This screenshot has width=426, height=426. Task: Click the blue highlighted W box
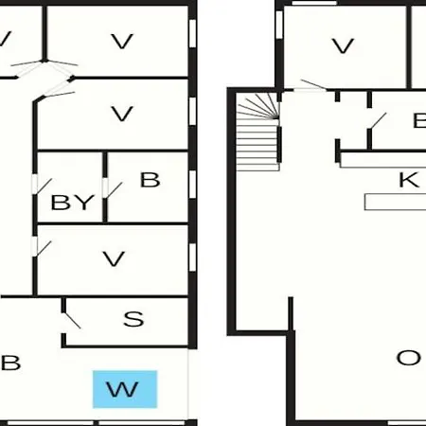point(125,389)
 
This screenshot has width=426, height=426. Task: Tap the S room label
point(133,319)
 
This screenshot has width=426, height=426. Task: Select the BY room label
point(73,203)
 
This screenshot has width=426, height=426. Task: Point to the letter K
point(409,180)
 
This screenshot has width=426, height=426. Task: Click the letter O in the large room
point(409,358)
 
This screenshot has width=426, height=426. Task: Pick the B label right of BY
point(150,180)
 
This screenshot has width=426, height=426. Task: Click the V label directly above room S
point(114,258)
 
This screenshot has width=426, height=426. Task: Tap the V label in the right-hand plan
point(343,46)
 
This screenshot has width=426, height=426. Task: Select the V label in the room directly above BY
point(122,114)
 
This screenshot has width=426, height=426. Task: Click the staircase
point(258,132)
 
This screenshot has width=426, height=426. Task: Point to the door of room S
point(71,320)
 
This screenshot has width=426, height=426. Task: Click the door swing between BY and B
point(113,190)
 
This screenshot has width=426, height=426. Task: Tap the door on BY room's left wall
point(43,186)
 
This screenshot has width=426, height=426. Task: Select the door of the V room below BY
point(43,249)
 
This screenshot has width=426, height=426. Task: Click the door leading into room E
point(378,121)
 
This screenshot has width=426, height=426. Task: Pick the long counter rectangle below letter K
point(395,202)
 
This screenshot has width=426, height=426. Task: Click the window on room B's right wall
point(192,185)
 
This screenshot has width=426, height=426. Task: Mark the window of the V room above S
point(192,257)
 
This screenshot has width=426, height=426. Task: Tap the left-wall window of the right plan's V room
point(279,25)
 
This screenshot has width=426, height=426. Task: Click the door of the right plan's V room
point(313,85)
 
